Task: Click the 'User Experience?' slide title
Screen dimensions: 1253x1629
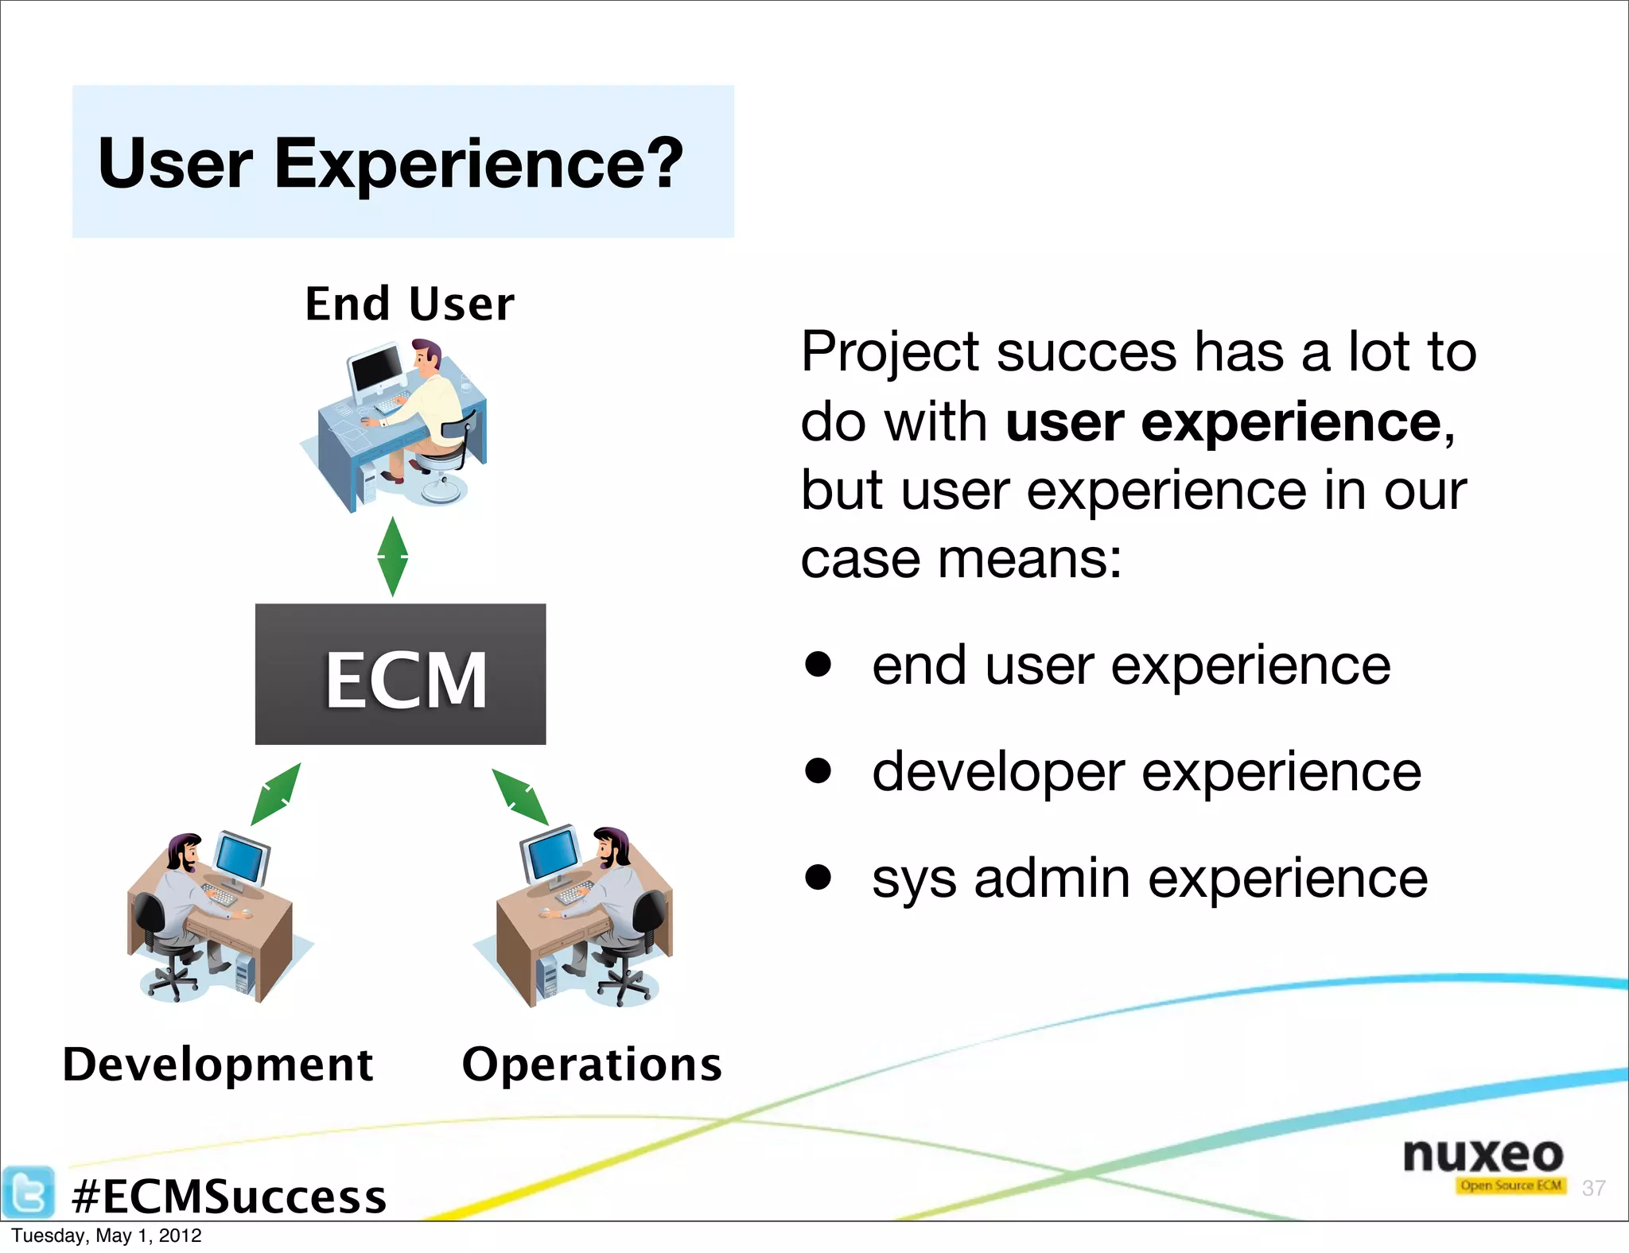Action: tap(391, 163)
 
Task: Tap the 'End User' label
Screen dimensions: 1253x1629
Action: tap(410, 305)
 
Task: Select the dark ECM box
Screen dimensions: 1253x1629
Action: tap(400, 674)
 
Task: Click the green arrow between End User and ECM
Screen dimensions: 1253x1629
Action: tap(392, 557)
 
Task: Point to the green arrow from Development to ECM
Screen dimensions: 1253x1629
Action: tap(276, 794)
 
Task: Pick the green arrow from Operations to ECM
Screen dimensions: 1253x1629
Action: tap(519, 797)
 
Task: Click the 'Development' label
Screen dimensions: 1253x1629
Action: tap(218, 1065)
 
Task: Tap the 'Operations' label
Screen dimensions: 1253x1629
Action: tap(592, 1065)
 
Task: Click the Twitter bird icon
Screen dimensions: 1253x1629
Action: tap(29, 1192)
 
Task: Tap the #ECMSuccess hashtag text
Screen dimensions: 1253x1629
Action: tap(228, 1197)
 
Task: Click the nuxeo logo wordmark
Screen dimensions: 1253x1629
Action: tap(1483, 1154)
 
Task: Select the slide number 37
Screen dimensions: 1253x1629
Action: tap(1593, 1188)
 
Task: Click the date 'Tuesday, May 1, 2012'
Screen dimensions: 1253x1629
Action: tap(107, 1236)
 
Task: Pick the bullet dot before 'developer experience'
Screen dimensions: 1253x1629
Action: tap(818, 770)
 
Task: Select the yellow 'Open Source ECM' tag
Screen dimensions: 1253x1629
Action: tap(1510, 1185)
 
